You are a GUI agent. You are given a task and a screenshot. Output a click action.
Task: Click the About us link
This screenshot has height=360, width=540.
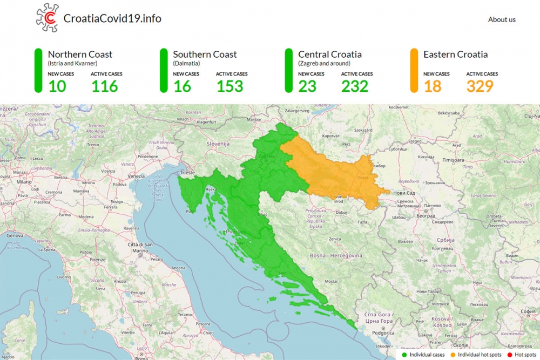[502, 19]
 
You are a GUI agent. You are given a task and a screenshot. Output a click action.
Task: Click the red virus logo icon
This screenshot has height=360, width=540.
[48, 17]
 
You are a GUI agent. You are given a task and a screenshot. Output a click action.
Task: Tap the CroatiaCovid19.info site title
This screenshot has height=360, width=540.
[112, 18]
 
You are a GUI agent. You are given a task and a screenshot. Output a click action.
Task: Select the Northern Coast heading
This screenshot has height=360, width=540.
[80, 54]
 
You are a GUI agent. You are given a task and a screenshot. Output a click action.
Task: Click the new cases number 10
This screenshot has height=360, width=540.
[57, 86]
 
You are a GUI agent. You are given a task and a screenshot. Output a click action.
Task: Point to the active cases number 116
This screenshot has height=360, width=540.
[104, 86]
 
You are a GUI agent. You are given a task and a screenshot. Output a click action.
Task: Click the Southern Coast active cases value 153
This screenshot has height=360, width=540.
[230, 86]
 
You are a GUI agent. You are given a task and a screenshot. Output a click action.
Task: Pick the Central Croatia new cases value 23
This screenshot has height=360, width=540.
[307, 86]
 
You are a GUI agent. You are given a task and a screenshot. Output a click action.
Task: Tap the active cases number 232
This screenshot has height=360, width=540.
[355, 86]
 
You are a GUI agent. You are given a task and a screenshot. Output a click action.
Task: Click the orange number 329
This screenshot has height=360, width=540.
[480, 86]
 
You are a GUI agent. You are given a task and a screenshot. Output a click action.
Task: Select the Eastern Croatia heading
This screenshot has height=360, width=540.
[455, 54]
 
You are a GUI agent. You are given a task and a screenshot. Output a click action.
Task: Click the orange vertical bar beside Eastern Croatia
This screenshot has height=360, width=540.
[415, 71]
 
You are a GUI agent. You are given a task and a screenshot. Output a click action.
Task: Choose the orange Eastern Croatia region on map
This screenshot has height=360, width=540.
[335, 173]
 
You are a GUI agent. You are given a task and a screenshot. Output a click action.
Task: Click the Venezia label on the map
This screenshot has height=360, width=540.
[137, 176]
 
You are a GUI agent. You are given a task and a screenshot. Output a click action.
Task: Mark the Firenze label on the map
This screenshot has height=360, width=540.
[98, 260]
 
